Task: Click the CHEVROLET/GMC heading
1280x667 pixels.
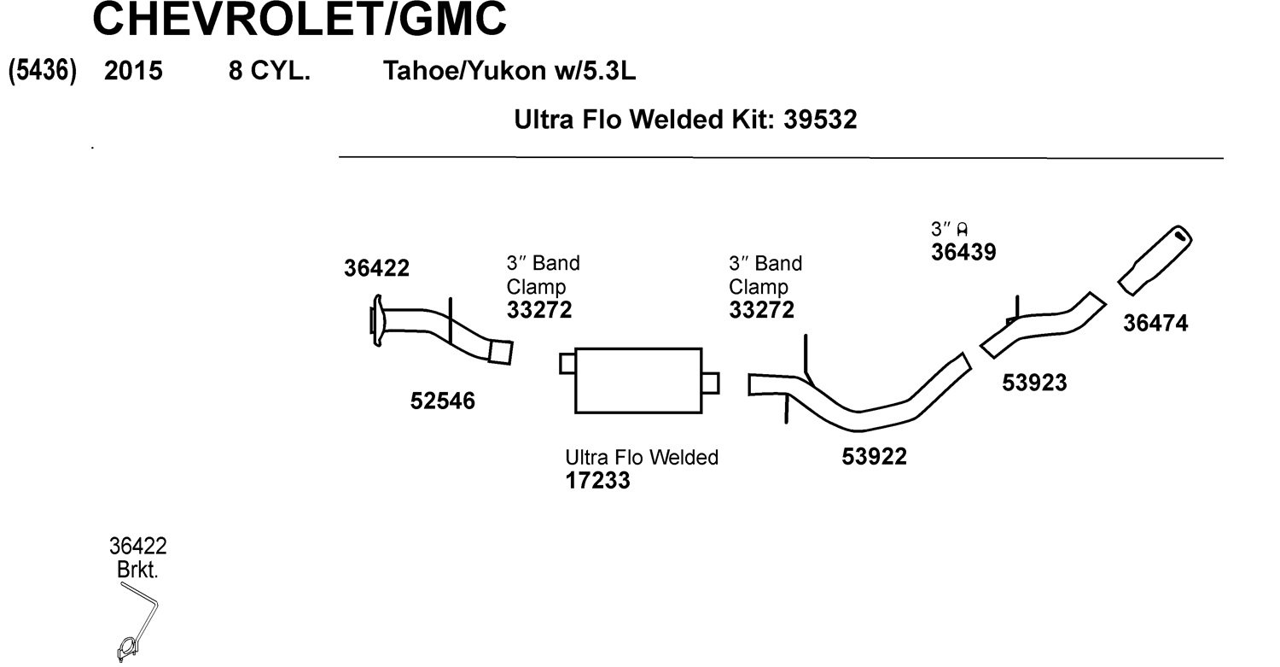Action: (299, 20)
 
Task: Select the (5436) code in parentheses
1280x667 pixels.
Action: (43, 71)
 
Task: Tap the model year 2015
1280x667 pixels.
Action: (133, 72)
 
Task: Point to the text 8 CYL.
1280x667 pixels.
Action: (269, 72)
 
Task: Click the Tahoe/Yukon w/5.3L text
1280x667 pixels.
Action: (509, 72)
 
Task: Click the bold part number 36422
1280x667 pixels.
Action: (376, 268)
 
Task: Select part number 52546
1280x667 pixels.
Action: (442, 401)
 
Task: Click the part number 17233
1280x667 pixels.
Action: (597, 481)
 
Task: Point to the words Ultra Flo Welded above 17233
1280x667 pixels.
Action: (642, 458)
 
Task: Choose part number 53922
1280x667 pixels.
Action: (874, 458)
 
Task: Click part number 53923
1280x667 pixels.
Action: (1034, 383)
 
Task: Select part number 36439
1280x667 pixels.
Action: (963, 253)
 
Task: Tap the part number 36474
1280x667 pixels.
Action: (1155, 324)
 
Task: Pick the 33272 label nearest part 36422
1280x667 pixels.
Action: (539, 310)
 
